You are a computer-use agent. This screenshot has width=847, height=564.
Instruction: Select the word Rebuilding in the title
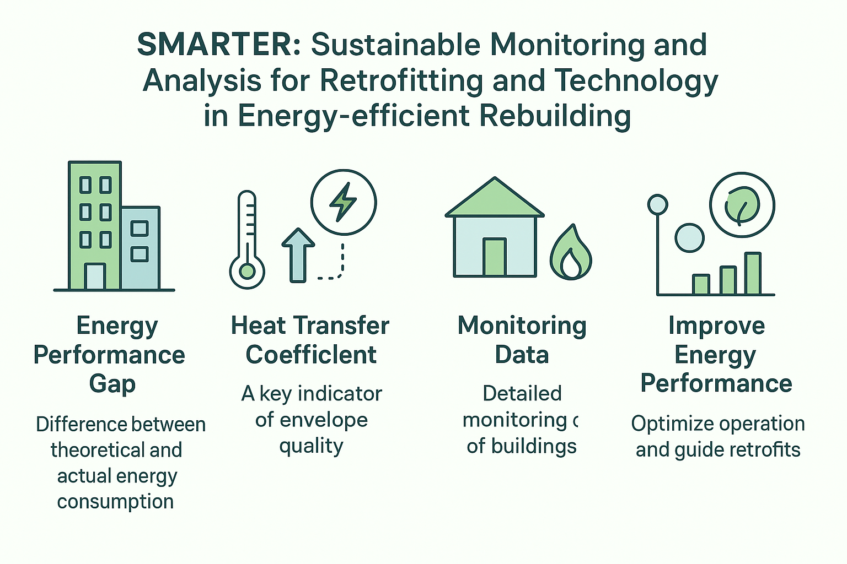pos(555,116)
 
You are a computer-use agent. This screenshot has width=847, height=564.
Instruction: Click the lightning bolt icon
pos(343,202)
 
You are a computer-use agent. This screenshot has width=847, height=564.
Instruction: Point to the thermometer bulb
pos(247,272)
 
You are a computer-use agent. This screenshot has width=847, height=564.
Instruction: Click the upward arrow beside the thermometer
pos(298,256)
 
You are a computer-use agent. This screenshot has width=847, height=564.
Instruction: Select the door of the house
pos(495,257)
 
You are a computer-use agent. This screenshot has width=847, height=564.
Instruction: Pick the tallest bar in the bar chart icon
pos(753,273)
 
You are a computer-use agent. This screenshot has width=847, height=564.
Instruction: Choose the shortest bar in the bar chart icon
pos(701,284)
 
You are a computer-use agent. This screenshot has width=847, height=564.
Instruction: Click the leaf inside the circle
pos(742,206)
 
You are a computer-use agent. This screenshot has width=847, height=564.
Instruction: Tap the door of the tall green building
pos(94,276)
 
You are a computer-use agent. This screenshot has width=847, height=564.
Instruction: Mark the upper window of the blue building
pos(140,229)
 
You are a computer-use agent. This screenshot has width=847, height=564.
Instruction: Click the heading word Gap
pos(112,384)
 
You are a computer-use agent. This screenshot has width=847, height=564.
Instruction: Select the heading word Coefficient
pos(311,355)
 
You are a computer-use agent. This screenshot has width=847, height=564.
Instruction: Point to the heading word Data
pos(522,355)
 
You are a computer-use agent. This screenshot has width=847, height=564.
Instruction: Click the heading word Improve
pos(716,326)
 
